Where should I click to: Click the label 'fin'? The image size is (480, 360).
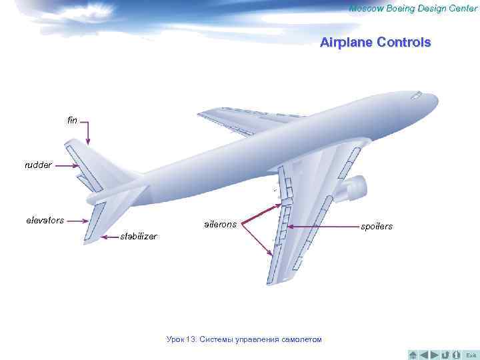tap(72, 121)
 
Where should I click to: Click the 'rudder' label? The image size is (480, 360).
tap(37, 165)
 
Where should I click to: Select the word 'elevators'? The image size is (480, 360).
tap(45, 220)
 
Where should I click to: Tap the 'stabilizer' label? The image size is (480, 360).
tap(138, 236)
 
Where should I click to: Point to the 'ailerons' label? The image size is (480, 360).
tap(220, 225)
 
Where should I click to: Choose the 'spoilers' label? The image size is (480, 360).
tap(377, 227)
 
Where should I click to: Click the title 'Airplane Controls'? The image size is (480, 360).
tap(375, 43)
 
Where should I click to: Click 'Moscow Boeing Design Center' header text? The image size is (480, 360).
tap(413, 8)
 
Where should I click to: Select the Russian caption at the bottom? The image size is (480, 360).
tap(244, 339)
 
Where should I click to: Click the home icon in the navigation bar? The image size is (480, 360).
tap(413, 353)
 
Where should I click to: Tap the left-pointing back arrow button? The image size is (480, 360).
tap(424, 353)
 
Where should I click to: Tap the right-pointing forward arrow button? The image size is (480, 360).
tap(435, 353)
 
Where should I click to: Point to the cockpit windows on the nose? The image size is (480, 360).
tap(416, 95)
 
